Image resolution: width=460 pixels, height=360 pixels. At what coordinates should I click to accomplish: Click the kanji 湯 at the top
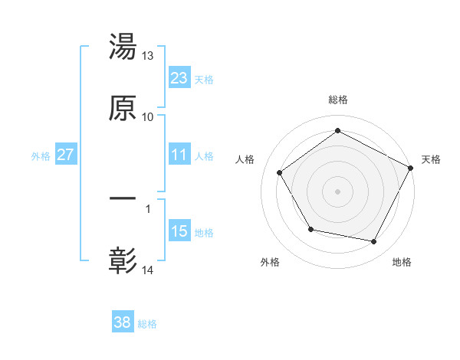(123, 47)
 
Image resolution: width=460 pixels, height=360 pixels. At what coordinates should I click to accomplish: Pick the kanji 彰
(123, 260)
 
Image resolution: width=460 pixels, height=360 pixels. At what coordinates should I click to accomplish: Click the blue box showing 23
(179, 78)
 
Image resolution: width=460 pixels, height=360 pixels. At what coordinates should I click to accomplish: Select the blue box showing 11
(179, 155)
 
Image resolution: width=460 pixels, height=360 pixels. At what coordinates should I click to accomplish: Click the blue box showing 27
(66, 155)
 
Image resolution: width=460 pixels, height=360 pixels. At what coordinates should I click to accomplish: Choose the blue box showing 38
(123, 322)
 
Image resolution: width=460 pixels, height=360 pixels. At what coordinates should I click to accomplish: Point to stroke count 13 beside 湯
(148, 56)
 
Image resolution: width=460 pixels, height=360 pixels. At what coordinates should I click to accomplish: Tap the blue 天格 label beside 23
(204, 80)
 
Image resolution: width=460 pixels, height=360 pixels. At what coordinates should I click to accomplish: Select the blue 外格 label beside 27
(41, 156)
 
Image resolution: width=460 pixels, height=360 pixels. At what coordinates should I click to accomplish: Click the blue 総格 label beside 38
(147, 324)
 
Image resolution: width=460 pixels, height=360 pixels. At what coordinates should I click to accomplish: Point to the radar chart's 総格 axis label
(338, 100)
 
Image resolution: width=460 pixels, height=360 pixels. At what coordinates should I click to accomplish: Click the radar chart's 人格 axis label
(245, 159)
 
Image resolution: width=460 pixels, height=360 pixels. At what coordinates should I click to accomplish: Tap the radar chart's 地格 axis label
(402, 263)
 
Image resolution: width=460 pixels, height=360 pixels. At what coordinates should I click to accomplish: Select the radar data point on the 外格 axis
(310, 229)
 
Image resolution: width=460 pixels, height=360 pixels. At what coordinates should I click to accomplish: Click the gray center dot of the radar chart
(338, 191)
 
